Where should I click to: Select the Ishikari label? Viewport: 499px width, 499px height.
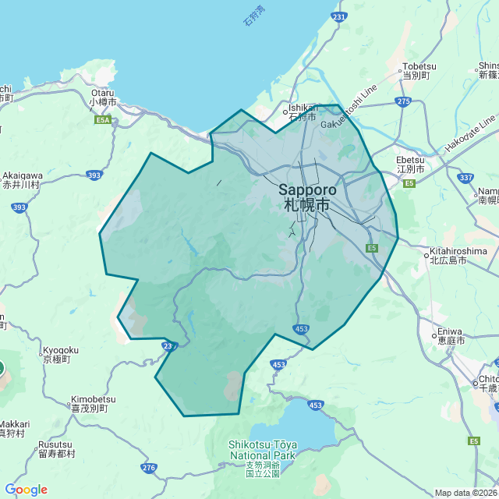pyautogui.click(x=303, y=112)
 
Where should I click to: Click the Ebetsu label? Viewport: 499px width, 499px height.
pyautogui.click(x=410, y=163)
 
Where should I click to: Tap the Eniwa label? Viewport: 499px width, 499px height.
pyautogui.click(x=451, y=335)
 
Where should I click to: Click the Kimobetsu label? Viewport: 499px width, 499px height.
pyautogui.click(x=93, y=403)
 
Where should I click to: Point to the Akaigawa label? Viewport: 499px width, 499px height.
pyautogui.click(x=22, y=180)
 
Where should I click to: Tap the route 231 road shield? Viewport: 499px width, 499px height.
pyautogui.click(x=338, y=16)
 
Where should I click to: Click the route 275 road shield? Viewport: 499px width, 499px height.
pyautogui.click(x=402, y=101)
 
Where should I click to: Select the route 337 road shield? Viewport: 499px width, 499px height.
pyautogui.click(x=466, y=178)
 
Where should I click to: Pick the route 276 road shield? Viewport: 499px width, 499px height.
pyautogui.click(x=150, y=468)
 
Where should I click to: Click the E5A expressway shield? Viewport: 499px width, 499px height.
pyautogui.click(x=103, y=120)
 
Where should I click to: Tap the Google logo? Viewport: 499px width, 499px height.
pyautogui.click(x=26, y=490)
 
